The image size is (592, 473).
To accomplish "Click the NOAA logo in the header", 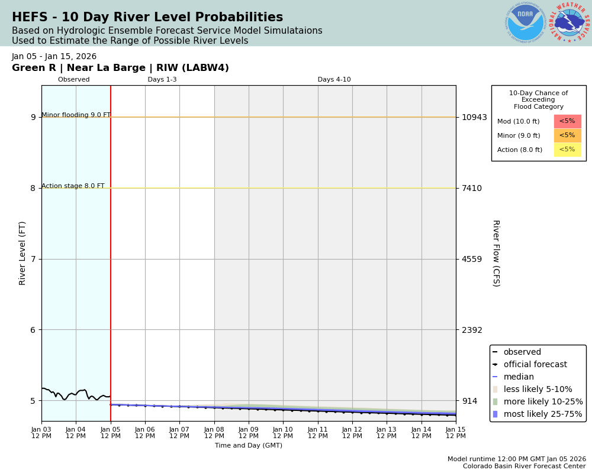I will pos(525,23).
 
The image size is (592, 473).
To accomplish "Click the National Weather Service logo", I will pos(569,23).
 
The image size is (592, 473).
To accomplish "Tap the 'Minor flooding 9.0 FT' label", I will pos(76,115).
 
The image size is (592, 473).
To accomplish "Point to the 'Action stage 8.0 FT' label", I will pos(73,186).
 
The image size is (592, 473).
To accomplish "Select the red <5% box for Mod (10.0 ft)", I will pos(567,121).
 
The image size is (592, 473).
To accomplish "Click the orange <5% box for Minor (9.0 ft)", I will pos(567,135).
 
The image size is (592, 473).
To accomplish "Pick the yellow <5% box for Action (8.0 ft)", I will pos(567,150).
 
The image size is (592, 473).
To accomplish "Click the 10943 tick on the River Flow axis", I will pos(474,117).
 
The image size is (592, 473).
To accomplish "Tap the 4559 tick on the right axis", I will pos(472,259).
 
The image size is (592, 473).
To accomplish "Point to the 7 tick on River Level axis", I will pos(33,259).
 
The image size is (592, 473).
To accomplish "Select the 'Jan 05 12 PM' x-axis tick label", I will pos(111,433).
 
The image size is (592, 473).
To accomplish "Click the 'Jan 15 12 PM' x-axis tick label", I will pos(455,433).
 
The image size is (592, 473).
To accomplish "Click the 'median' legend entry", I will pos(519,377).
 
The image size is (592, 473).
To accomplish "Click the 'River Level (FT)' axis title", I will pos(22,253).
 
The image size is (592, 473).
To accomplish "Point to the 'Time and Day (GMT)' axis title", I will pos(249,446).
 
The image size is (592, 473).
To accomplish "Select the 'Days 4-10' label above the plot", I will pos(334,80).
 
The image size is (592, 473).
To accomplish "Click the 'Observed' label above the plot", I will pos(74,80).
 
